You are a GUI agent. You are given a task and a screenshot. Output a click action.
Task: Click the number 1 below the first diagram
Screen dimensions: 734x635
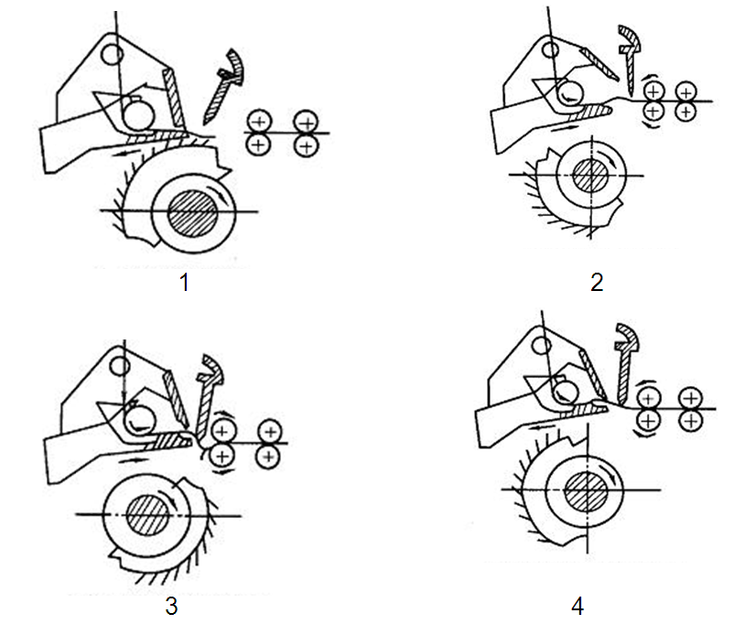[x=185, y=283]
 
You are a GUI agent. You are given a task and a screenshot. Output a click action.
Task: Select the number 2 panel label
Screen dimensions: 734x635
[x=597, y=283]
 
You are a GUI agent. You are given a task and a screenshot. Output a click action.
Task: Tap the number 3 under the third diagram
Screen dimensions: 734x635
[x=171, y=607]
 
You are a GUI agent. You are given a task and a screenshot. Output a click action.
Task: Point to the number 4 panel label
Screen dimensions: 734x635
[x=577, y=607]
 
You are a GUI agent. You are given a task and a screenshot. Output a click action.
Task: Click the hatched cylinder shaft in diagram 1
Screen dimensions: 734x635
[x=193, y=213]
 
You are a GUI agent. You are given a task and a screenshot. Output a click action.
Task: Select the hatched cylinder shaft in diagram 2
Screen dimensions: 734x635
[x=590, y=175]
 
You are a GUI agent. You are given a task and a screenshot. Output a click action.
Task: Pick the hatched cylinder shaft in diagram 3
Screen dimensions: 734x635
[x=148, y=515]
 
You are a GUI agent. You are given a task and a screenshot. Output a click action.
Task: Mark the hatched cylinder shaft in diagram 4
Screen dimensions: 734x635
[x=586, y=490]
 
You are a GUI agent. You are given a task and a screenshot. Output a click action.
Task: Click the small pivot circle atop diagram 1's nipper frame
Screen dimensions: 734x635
[x=113, y=54]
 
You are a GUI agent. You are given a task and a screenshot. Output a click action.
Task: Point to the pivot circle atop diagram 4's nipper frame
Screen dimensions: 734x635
[x=542, y=346]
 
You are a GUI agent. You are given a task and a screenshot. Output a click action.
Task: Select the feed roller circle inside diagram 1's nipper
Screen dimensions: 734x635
[x=138, y=115]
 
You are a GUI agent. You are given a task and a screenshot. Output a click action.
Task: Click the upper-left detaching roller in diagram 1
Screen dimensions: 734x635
[x=259, y=122]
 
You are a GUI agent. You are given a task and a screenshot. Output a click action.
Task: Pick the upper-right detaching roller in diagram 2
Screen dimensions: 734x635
[x=685, y=91]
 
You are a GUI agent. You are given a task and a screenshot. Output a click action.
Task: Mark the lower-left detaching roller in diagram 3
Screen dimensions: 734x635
[x=221, y=455]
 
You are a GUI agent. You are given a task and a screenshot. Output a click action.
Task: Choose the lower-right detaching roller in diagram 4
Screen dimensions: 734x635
[x=691, y=420]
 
